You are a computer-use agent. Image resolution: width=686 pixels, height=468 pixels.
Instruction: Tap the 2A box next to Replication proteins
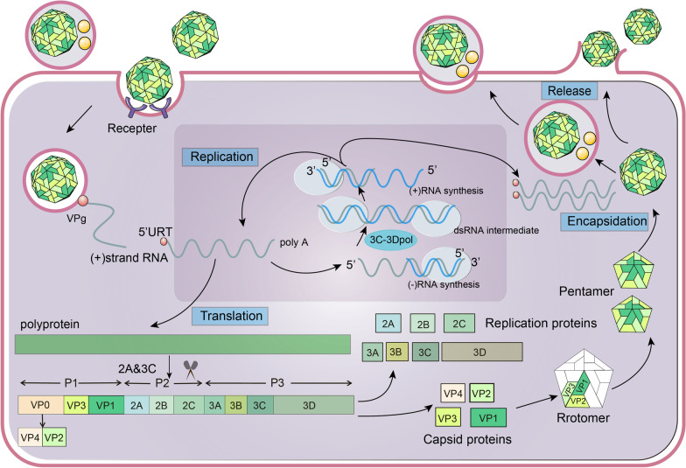point(387,324)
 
